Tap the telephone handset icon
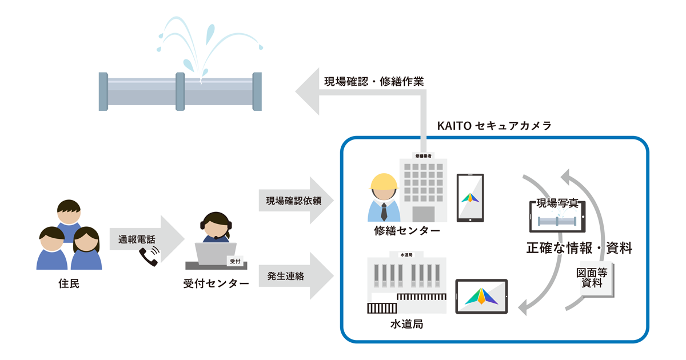[x=149, y=257]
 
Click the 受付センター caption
[x=216, y=283]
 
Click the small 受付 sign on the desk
[x=234, y=261]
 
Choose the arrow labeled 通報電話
[x=146, y=240]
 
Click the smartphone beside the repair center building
[x=470, y=198]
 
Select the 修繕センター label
[x=407, y=231]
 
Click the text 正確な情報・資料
[x=579, y=249]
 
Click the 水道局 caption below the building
[x=406, y=324]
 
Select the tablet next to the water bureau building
[x=481, y=296]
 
